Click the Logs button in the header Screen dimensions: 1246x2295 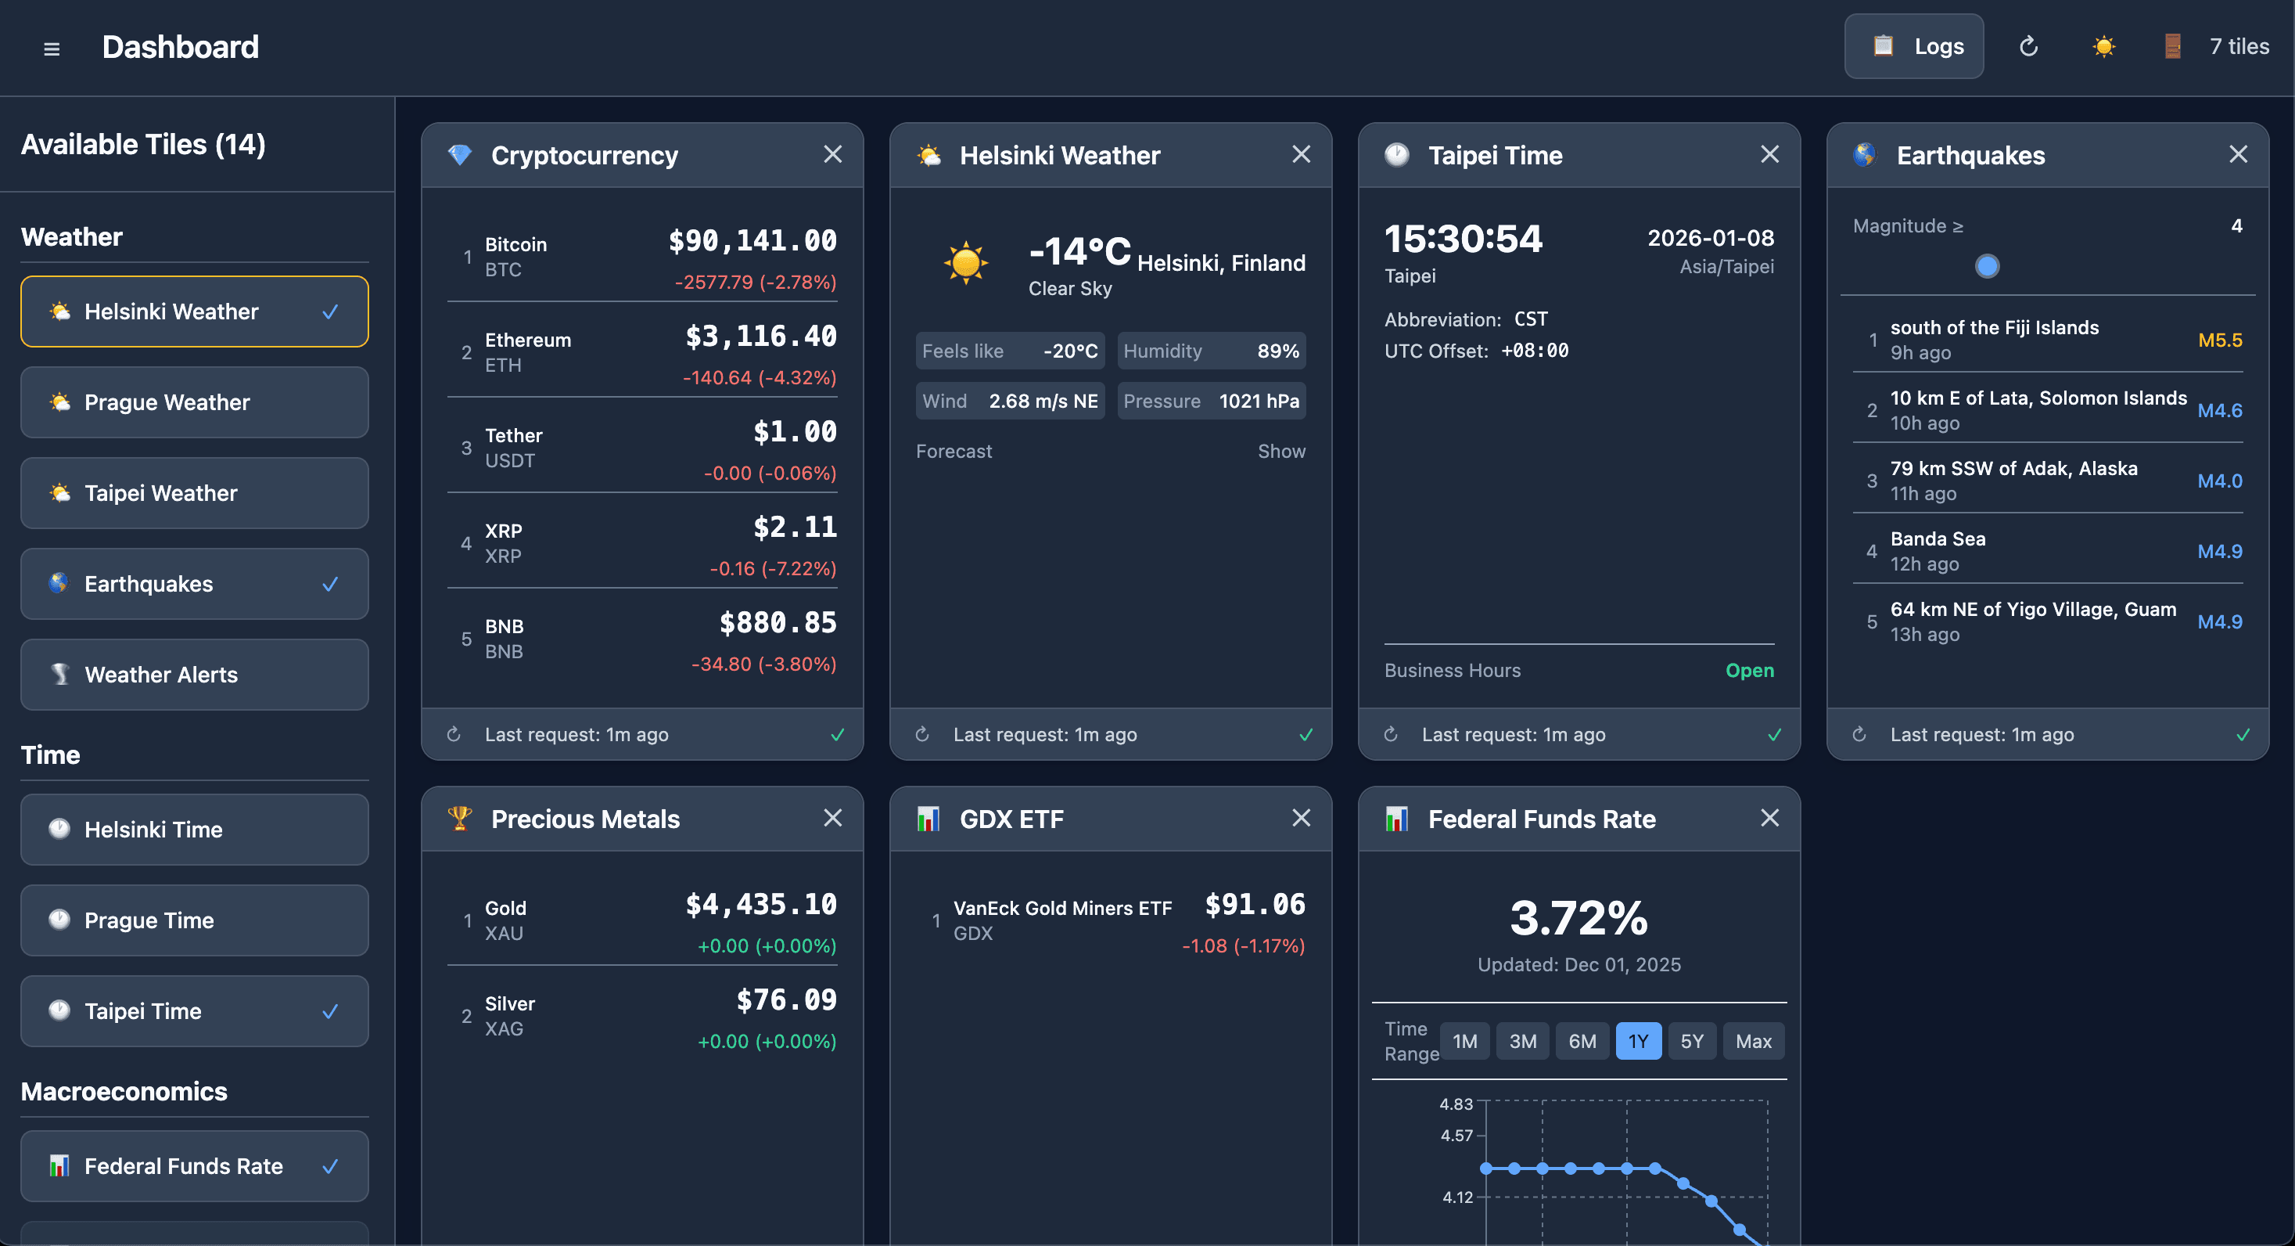pos(1914,46)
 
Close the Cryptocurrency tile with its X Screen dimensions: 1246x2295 pos(832,154)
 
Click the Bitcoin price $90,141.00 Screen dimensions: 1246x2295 pos(752,240)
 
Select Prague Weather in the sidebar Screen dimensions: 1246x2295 pos(194,402)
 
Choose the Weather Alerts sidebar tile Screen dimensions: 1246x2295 pos(194,675)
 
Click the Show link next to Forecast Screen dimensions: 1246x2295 pos(1280,451)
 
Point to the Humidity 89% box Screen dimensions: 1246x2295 pos(1211,351)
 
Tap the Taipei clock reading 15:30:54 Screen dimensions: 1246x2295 pos(1462,239)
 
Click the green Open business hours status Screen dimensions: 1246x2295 pos(1749,670)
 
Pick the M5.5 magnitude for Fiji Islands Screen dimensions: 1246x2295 pos(2219,340)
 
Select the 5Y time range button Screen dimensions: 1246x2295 pos(1691,1041)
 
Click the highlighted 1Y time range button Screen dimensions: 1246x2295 pos(1637,1041)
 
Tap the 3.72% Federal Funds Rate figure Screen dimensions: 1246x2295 pos(1578,918)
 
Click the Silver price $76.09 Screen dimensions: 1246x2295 pos(786,1000)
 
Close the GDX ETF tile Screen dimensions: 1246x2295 pos(1301,817)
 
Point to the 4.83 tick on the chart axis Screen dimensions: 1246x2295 pos(1456,1104)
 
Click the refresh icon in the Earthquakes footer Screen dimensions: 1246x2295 pos(1859,734)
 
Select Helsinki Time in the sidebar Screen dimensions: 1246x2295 pos(194,830)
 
